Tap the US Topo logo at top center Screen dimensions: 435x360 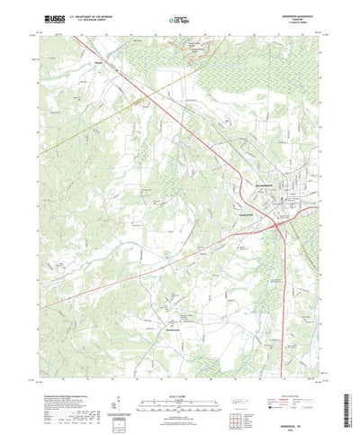179,17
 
